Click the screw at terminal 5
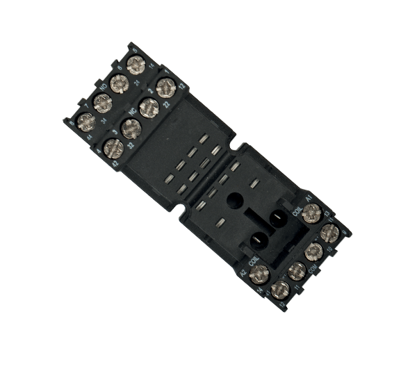137,66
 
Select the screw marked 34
102,104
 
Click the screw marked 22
165,88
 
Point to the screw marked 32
129,128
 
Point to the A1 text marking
310,197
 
